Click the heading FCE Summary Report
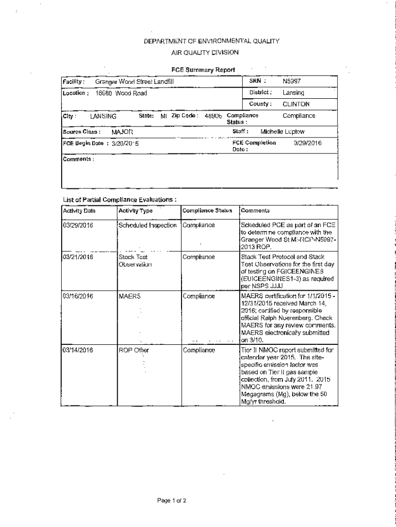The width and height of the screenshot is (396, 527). pyautogui.click(x=203, y=70)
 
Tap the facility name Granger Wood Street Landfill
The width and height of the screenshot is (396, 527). pyautogui.click(x=135, y=82)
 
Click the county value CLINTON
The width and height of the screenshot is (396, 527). pyautogui.click(x=296, y=104)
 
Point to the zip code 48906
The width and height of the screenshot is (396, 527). pyautogui.click(x=213, y=116)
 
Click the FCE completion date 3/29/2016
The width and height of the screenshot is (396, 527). pyautogui.click(x=307, y=143)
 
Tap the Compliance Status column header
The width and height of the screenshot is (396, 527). pyautogui.click(x=207, y=210)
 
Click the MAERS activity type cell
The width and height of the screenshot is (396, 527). pyautogui.click(x=130, y=296)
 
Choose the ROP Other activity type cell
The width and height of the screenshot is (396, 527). pyautogui.click(x=134, y=350)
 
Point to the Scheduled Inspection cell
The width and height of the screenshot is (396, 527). pyautogui.click(x=148, y=225)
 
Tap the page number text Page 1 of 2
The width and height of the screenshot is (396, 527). pyautogui.click(x=172, y=500)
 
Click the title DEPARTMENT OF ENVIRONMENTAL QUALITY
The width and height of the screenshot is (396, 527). pyautogui.click(x=204, y=41)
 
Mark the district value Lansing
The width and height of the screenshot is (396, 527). pyautogui.click(x=293, y=93)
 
